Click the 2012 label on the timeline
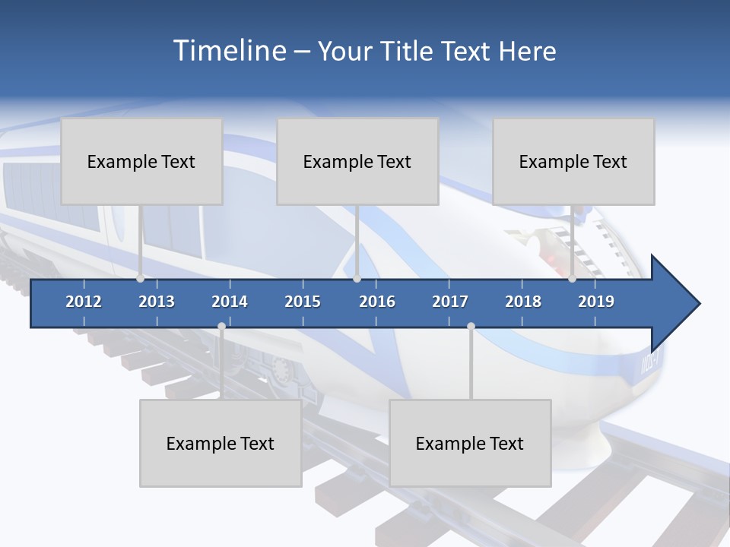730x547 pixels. [84, 302]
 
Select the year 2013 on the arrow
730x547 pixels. [157, 302]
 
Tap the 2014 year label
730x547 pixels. [230, 302]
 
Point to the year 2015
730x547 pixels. [303, 302]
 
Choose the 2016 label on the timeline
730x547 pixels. [377, 302]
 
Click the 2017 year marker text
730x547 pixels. [450, 302]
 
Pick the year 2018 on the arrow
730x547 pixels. [523, 302]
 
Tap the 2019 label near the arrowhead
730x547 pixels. [596, 302]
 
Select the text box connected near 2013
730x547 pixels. [141, 161]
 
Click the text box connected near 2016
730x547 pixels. [357, 161]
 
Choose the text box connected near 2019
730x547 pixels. [573, 161]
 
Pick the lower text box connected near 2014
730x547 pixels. [221, 443]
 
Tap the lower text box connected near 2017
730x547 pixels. [470, 443]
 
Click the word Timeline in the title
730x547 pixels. [227, 51]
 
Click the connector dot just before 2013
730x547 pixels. [141, 279]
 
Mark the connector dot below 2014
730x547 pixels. [221, 327]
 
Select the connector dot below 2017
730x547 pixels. [471, 327]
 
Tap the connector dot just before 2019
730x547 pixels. [572, 279]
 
